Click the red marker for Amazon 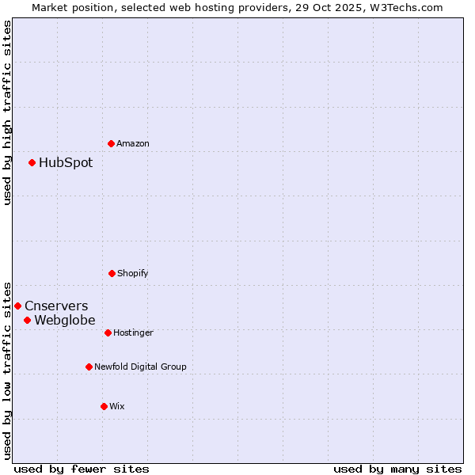click(111, 143)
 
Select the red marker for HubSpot click(32, 163)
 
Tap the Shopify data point click(112, 273)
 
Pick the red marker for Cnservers click(17, 306)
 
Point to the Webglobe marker click(27, 320)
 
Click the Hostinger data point click(108, 332)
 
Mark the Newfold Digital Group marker click(89, 367)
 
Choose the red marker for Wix click(104, 406)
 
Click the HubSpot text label click(66, 163)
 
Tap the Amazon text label click(133, 143)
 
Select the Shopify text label click(133, 273)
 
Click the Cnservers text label click(56, 306)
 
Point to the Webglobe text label click(65, 320)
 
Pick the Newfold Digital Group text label click(141, 367)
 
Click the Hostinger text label click(133, 332)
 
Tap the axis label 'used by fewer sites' click(82, 469)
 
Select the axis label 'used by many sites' click(397, 469)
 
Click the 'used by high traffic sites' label click(7, 112)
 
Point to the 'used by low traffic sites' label click(7, 370)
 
